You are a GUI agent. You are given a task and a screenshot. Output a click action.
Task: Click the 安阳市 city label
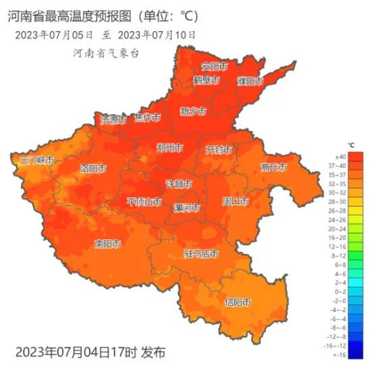pos(215,67)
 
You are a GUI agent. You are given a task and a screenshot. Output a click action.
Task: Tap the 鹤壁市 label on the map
pos(207,80)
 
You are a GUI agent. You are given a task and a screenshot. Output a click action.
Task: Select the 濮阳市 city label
pos(250,81)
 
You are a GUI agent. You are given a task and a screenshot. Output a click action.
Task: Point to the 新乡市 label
pos(193,111)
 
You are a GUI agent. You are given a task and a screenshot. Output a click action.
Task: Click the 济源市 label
pos(113,120)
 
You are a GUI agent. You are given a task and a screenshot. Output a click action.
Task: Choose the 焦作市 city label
pos(148,117)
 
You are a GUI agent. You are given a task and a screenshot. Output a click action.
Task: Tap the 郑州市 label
pos(169,148)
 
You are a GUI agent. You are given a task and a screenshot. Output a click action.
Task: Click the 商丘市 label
pos(274,167)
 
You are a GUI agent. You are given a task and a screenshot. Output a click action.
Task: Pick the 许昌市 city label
pos(179,184)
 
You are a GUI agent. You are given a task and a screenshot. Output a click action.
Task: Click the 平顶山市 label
pos(144,201)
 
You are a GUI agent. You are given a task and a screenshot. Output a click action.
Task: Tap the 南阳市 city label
pos(107,243)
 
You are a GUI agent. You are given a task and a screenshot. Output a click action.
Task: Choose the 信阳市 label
pos(238,302)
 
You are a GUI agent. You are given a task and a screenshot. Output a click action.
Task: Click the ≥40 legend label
pos(340,157)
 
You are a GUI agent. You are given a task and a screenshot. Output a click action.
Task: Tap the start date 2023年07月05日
pos(53,34)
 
